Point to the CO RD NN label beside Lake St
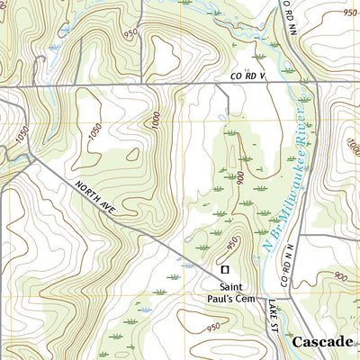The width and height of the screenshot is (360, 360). click(286, 265)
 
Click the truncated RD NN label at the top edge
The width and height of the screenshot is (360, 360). click(289, 15)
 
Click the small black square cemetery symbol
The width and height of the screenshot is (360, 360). click(225, 269)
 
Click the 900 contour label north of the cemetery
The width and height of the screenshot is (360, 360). click(242, 175)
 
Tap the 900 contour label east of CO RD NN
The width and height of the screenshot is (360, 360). click(339, 276)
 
